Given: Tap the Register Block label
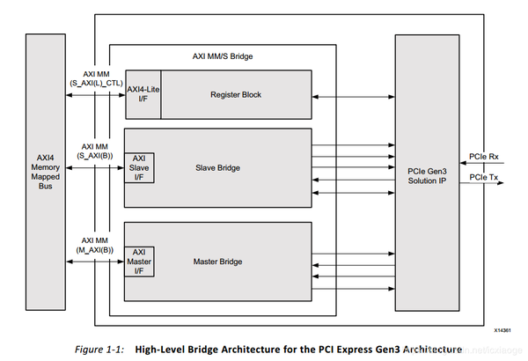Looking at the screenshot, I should (236, 94).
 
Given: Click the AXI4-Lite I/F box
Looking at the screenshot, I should (142, 94).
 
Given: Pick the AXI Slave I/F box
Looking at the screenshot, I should (140, 168).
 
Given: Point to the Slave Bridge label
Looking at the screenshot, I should (216, 168).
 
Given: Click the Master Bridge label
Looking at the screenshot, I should (217, 262).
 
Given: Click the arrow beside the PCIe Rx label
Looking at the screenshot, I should (485, 161).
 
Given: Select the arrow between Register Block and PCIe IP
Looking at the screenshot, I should (353, 94).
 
